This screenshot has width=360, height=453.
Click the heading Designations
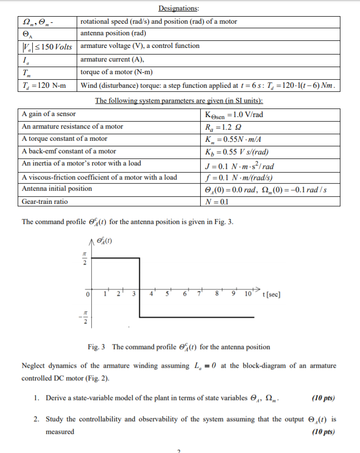pos(178,8)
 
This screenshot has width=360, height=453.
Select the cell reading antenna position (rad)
pos(113,33)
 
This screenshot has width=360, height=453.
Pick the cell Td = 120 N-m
pos(42,85)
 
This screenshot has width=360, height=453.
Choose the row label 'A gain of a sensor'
pos(49,114)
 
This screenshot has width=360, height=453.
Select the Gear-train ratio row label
pos(45,201)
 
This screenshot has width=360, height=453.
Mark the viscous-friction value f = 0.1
pos(237,177)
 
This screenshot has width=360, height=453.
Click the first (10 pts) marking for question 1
pos(323,398)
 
